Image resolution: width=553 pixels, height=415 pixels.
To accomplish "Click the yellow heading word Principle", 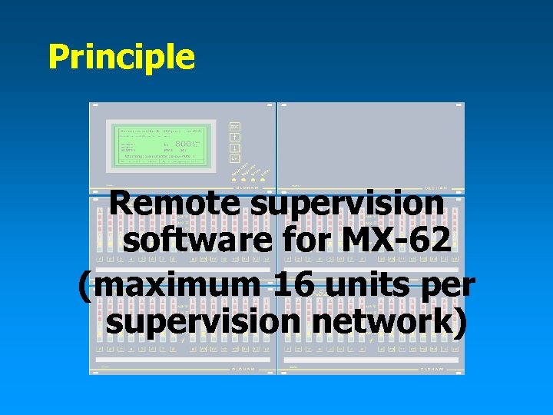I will (x=121, y=58).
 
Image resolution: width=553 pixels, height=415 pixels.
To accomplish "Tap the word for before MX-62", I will (x=305, y=242).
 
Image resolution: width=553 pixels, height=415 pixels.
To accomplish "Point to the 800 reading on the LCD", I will (x=187, y=143).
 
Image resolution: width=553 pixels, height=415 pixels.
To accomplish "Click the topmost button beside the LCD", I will (x=235, y=126).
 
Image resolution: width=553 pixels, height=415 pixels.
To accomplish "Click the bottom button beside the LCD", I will (x=235, y=158).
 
